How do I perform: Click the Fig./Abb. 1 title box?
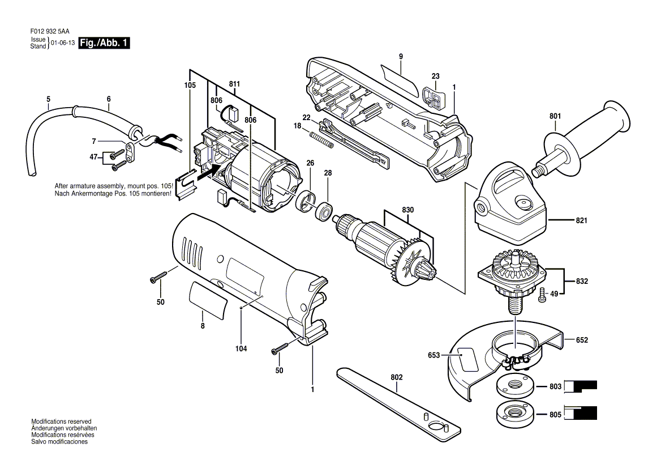pos(104,42)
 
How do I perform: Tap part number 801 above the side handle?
pos(555,116)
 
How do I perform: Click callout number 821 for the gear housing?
pos(581,220)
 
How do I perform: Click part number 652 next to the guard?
pos(582,340)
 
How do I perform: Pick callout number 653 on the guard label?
pos(433,355)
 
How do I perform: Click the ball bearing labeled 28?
pos(325,210)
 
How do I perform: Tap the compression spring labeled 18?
pos(322,140)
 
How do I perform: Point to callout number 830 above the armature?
pos(407,210)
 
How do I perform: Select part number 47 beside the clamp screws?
pos(93,157)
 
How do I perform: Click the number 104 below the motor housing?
pos(241,348)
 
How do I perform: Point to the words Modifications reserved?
pos(61,421)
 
